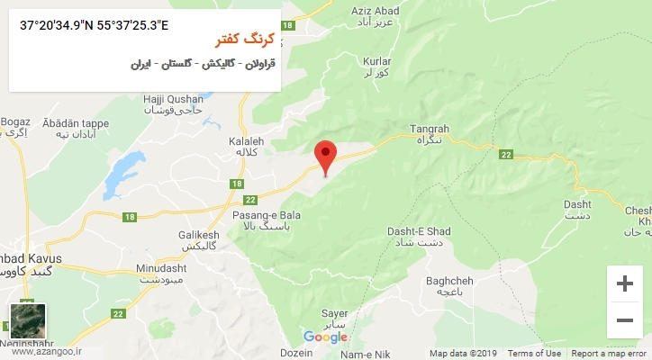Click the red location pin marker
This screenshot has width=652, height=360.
coord(325,155)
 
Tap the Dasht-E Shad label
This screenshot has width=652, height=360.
coord(419,237)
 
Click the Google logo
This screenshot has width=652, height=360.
coord(325,337)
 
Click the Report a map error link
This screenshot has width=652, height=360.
coord(608,354)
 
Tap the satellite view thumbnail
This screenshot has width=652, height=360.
coord(26,321)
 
